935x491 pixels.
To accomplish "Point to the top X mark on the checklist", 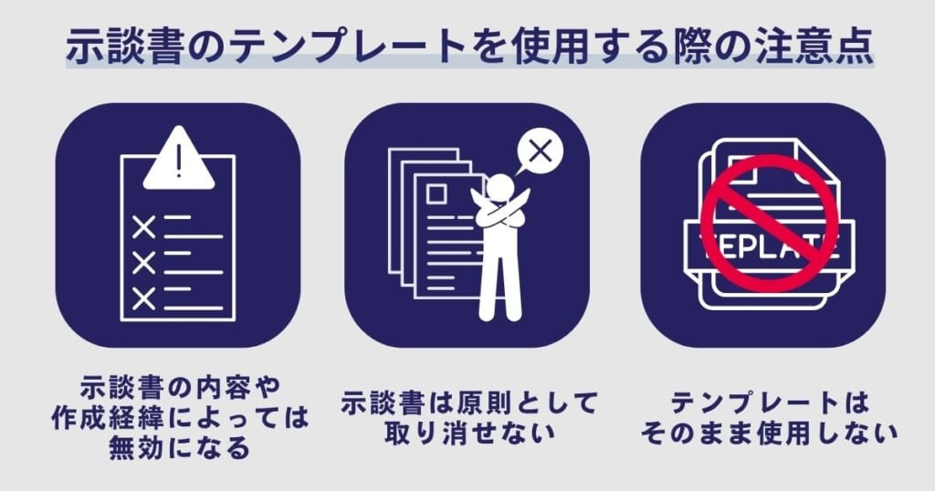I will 143,226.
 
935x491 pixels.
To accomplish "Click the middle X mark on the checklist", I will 143,263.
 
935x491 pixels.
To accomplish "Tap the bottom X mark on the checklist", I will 143,298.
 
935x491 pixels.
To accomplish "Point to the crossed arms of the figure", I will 499,215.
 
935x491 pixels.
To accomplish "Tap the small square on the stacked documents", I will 435,193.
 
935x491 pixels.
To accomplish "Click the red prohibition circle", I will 769,223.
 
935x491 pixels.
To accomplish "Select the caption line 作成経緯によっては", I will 178,423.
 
